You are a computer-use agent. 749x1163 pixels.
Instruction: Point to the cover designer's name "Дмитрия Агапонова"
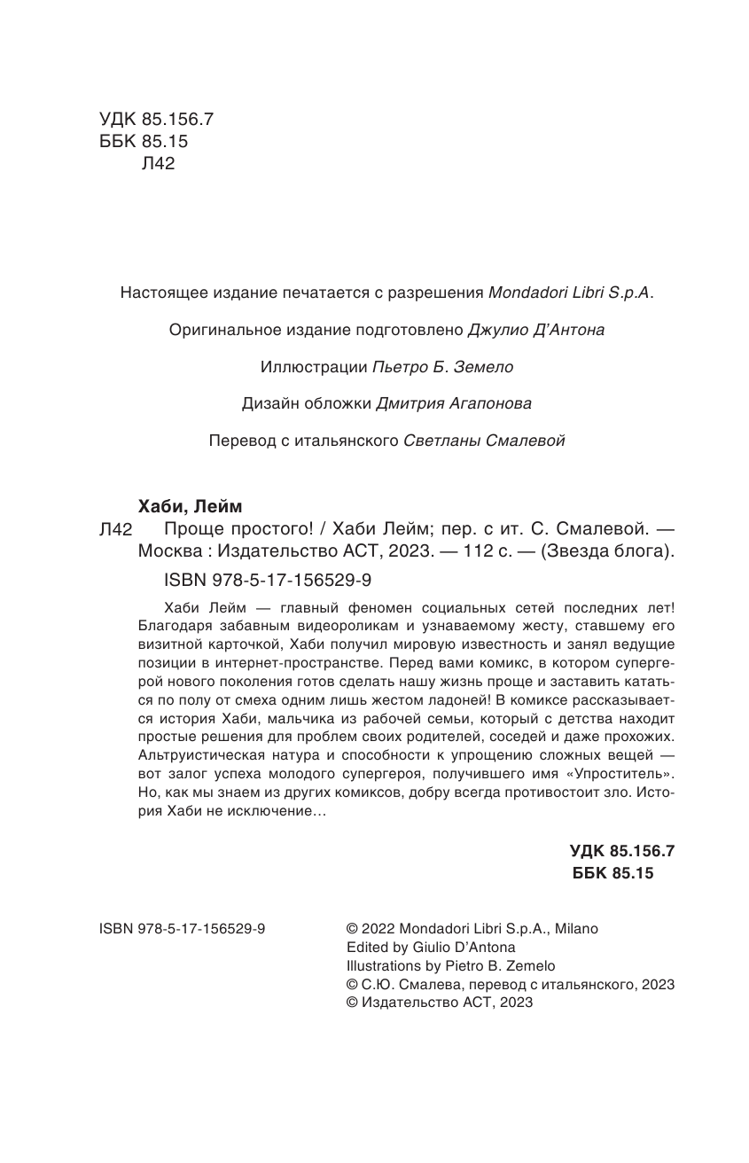tap(454, 404)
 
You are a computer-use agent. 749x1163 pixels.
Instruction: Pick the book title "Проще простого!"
tap(226, 529)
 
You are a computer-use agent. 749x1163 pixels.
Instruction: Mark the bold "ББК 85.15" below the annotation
tap(614, 873)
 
